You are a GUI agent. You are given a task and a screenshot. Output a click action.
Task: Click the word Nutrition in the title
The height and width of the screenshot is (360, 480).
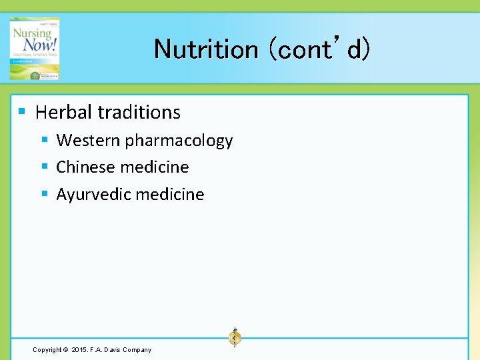click(206, 49)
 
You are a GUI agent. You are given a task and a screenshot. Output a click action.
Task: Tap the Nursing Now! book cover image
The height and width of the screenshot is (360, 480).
click(35, 49)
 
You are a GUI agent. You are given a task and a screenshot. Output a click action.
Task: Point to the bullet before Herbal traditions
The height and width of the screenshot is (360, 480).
click(22, 111)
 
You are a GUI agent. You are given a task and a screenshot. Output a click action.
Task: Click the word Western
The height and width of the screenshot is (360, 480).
click(88, 141)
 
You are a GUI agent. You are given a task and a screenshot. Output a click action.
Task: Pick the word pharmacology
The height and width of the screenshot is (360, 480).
click(179, 141)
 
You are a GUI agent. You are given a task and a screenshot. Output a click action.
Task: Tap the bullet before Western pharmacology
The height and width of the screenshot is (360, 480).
click(45, 139)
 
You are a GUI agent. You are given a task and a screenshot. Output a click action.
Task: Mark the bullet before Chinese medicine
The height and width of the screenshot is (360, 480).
click(45, 167)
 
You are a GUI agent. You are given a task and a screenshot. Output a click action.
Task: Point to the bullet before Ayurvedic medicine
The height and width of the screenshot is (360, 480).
click(45, 194)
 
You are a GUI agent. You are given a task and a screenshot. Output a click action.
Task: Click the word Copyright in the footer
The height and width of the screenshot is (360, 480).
click(47, 350)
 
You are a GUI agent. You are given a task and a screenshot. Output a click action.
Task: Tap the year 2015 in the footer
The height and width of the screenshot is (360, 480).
click(79, 350)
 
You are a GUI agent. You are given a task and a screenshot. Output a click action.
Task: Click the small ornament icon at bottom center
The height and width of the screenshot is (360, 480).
click(235, 337)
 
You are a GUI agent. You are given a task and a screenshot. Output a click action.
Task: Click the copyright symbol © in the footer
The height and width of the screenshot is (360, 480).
click(65, 350)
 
